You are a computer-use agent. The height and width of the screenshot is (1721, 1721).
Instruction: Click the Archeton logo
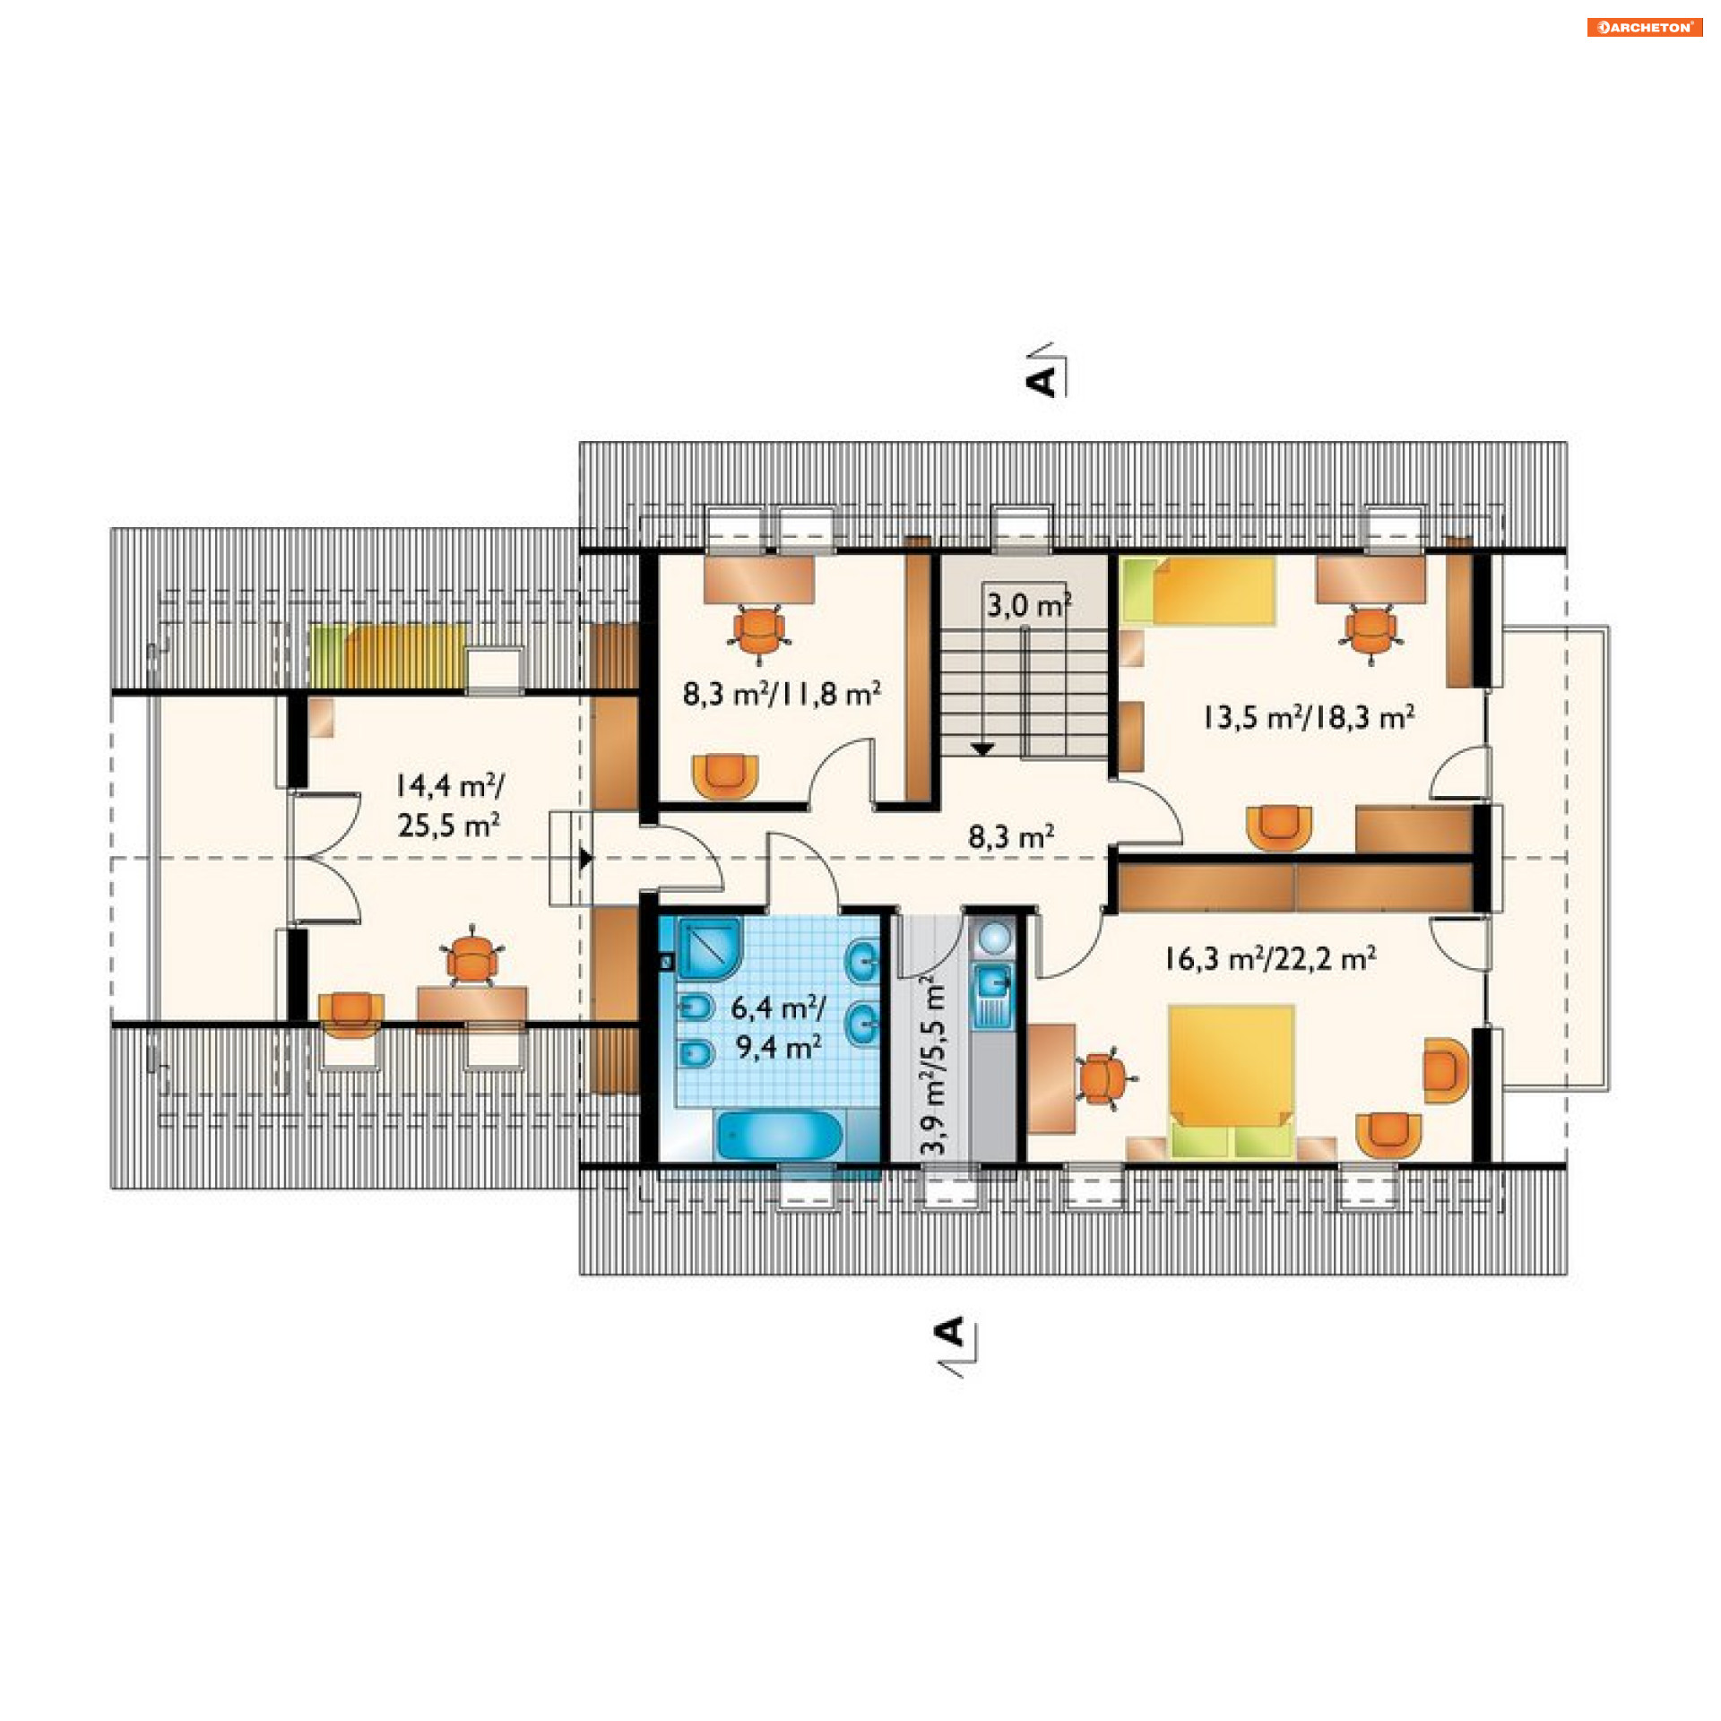(1644, 27)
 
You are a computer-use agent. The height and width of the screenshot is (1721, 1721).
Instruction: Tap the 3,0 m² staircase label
(1029, 605)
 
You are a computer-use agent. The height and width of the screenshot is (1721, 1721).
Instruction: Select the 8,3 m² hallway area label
(1011, 836)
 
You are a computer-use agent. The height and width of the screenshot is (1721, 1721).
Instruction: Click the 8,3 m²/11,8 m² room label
(782, 693)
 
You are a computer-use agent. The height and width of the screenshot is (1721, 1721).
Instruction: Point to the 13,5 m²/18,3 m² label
(1309, 717)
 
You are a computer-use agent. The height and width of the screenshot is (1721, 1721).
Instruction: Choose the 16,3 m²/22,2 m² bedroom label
(1270, 958)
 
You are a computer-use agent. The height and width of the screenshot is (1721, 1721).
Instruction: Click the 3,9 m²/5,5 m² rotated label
(933, 1065)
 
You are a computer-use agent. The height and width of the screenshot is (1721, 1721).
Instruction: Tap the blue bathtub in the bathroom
(779, 1136)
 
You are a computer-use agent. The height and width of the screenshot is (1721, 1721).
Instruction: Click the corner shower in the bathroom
(710, 947)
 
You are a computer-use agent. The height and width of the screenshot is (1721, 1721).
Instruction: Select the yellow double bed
(1232, 1080)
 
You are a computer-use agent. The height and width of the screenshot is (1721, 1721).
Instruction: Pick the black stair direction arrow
(983, 749)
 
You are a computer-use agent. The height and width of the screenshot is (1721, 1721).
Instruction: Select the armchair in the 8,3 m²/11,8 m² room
(725, 776)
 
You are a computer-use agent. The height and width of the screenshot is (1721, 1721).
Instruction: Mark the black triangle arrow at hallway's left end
(585, 859)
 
